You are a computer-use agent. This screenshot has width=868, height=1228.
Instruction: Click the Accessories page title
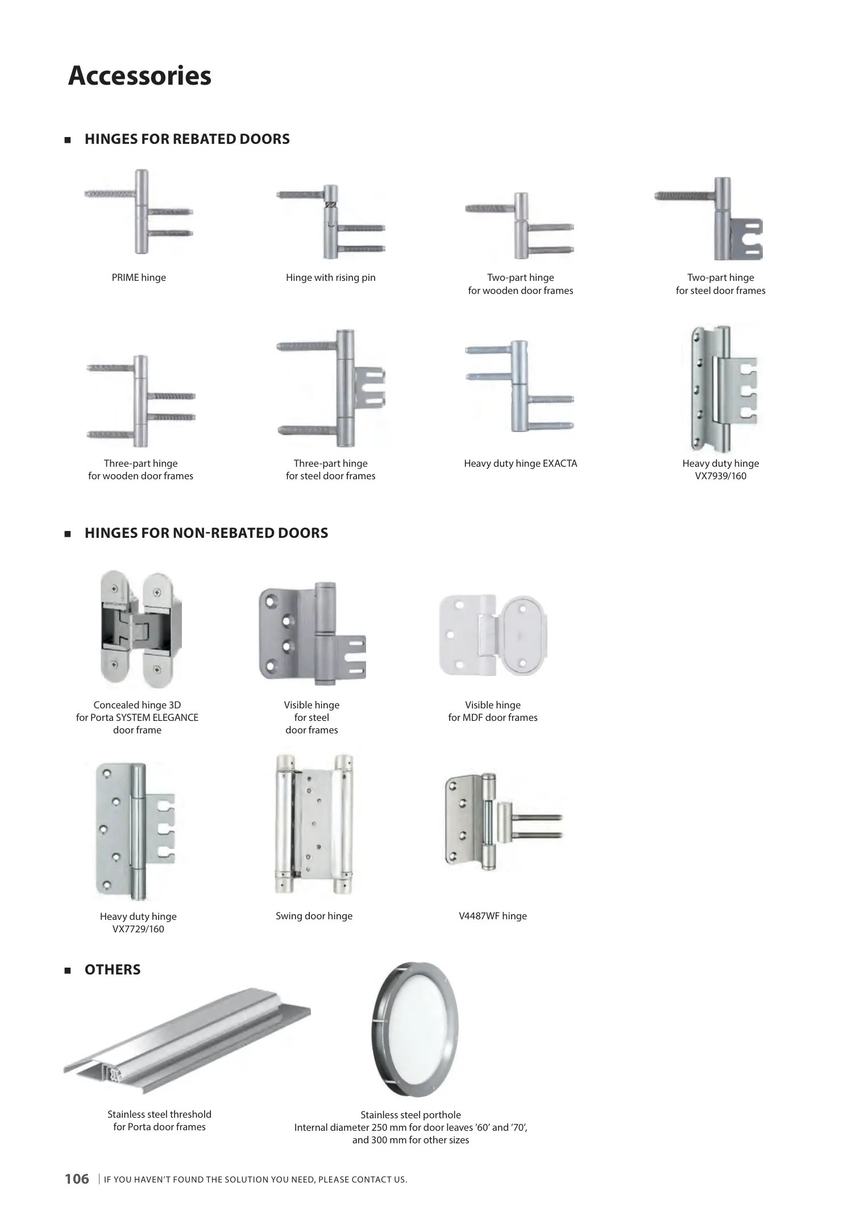click(139, 76)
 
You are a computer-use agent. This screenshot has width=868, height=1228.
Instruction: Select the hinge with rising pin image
click(331, 222)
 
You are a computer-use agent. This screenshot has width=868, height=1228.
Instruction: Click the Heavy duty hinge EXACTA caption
click(520, 463)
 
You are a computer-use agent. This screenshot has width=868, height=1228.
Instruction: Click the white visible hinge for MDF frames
click(493, 635)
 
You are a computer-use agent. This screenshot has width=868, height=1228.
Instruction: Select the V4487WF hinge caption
click(493, 916)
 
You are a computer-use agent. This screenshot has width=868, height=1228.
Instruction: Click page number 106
click(77, 1179)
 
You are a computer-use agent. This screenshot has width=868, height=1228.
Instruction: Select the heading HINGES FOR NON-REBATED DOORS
click(206, 533)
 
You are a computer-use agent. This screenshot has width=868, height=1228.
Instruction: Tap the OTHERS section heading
click(113, 970)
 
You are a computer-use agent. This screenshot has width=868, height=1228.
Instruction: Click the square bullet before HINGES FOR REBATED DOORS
click(68, 140)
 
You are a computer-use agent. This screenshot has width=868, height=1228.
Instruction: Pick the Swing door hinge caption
click(314, 916)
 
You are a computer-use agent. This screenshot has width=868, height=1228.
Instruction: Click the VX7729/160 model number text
click(138, 929)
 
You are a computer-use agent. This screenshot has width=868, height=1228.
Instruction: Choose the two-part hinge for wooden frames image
click(520, 226)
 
